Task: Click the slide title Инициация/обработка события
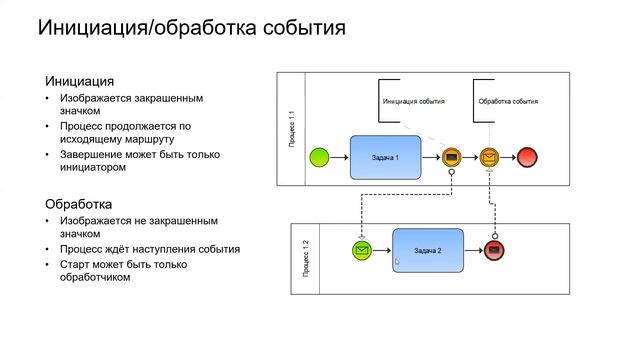(x=192, y=28)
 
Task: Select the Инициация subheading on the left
(x=80, y=81)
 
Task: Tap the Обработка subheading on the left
(x=79, y=203)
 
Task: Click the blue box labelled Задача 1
(x=386, y=158)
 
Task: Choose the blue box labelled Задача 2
(x=428, y=250)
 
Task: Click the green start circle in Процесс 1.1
(x=319, y=157)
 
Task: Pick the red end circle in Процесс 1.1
(x=527, y=157)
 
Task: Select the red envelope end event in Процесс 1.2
(x=493, y=250)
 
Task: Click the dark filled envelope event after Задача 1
(x=451, y=157)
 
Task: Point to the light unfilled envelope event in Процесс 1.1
(x=489, y=157)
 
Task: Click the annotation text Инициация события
(x=414, y=102)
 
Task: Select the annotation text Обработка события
(x=508, y=102)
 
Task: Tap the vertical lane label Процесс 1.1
(x=291, y=128)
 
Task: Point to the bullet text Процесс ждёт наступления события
(x=148, y=249)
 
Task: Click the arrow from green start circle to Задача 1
(x=340, y=158)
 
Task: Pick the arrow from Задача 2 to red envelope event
(x=473, y=250)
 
